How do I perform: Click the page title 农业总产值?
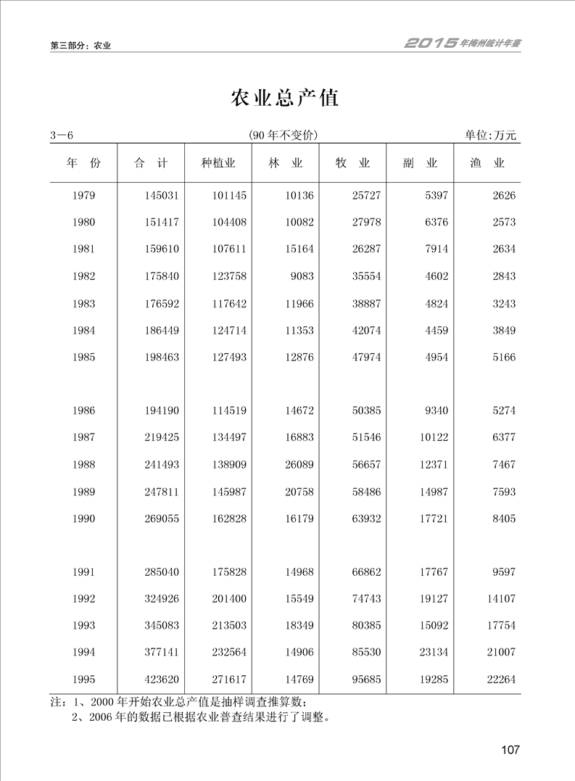(x=284, y=98)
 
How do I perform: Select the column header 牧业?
(x=352, y=163)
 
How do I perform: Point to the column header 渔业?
(x=487, y=163)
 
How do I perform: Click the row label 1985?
(x=84, y=358)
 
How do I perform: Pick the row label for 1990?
(x=84, y=518)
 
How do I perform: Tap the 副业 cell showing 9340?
(x=434, y=410)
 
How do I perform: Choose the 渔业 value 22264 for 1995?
(x=498, y=679)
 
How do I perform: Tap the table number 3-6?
(x=62, y=136)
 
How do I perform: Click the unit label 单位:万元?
(x=491, y=136)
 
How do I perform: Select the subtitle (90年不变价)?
(x=283, y=136)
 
